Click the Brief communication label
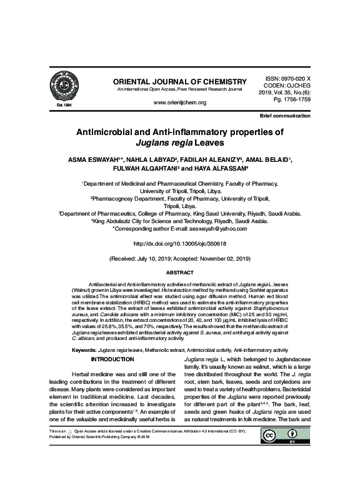click(x=286, y=116)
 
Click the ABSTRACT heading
click(x=179, y=272)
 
